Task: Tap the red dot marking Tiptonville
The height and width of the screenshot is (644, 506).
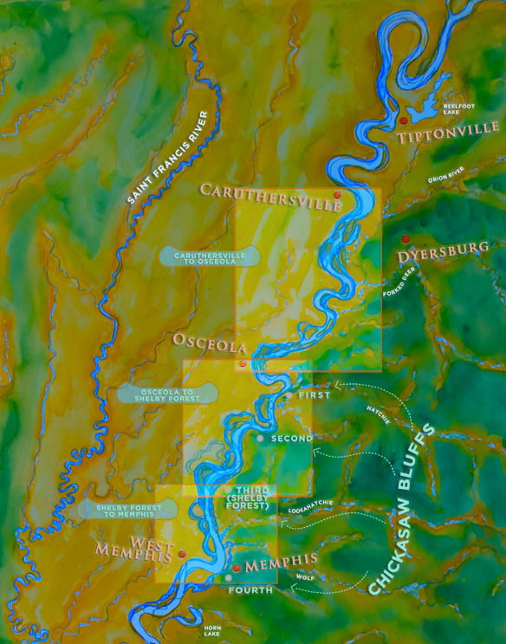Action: [x=404, y=120]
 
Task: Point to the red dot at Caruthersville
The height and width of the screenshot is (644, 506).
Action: [x=337, y=196]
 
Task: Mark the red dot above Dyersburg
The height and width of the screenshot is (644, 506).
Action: [x=405, y=238]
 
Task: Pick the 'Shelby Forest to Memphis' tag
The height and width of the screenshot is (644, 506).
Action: [x=124, y=509]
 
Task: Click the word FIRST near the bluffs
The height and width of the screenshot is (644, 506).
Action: [x=314, y=394]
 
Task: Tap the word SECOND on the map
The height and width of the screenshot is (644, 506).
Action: [x=291, y=439]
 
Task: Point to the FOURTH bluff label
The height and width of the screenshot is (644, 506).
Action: [x=250, y=589]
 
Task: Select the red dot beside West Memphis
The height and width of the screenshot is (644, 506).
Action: [x=182, y=553]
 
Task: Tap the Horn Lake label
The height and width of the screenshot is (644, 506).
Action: [x=212, y=630]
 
